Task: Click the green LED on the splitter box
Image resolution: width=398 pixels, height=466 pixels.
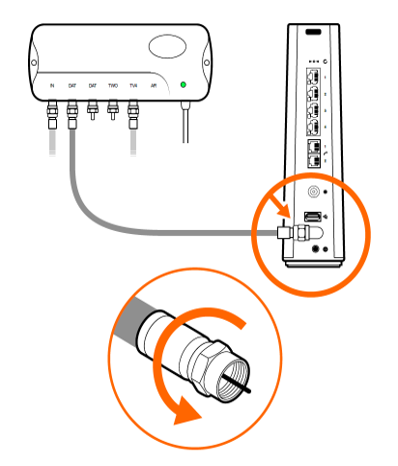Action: (183, 86)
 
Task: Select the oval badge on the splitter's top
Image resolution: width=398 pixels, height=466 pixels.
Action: (168, 48)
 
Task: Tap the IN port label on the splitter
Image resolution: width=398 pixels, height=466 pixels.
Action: (52, 86)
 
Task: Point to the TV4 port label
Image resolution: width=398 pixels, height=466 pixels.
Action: (132, 86)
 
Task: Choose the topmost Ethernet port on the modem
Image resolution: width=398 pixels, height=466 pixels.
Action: (312, 78)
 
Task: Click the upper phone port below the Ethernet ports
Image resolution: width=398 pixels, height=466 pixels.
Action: (312, 149)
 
